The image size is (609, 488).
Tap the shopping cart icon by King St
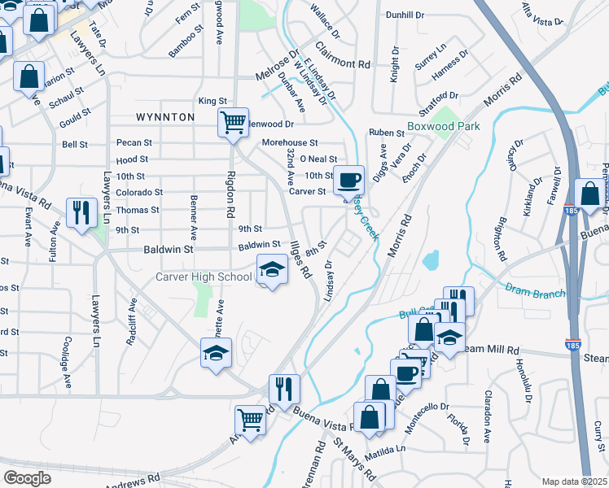(233, 122)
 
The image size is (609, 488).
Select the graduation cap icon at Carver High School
(272, 269)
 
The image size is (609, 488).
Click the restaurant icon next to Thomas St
(81, 213)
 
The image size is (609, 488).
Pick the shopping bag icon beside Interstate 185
(588, 194)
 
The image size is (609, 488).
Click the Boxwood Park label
(444, 126)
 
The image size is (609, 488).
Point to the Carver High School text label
(204, 277)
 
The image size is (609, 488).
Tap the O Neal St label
(318, 159)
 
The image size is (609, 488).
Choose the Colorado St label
(138, 193)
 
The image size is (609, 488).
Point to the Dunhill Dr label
(405, 15)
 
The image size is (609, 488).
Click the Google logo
(28, 478)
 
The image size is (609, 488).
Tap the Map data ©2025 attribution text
(575, 481)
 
